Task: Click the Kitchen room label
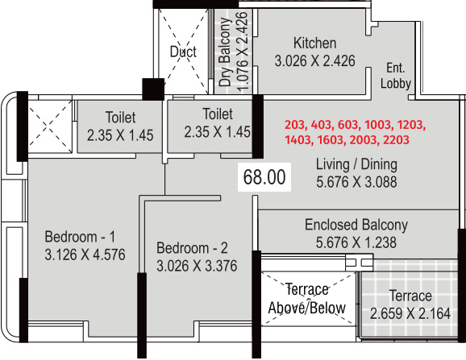tap(314, 43)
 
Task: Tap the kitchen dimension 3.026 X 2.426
tap(314, 61)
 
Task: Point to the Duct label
tap(183, 52)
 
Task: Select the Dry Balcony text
tap(225, 52)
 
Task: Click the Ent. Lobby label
tap(396, 76)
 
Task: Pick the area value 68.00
tap(264, 177)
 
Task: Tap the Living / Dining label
tap(356, 164)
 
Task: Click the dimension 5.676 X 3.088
tap(356, 182)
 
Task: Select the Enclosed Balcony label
tap(356, 225)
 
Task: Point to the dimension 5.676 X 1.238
tap(356, 242)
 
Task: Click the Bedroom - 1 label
tap(80, 237)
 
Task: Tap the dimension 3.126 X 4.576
tap(85, 254)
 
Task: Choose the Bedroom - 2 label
tap(192, 248)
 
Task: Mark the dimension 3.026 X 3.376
tap(197, 266)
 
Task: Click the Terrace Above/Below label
tap(306, 299)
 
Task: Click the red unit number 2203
tap(396, 139)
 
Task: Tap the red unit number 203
tap(295, 125)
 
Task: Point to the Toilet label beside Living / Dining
tap(218, 114)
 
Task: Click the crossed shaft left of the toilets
tap(50, 126)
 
